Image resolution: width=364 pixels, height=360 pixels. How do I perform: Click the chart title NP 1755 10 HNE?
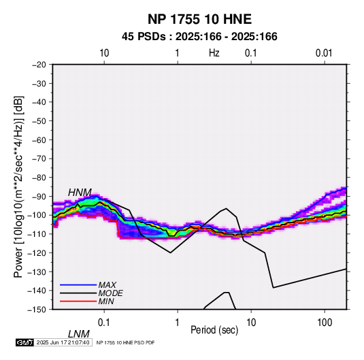(199, 19)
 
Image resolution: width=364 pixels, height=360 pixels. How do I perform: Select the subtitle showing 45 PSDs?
(199, 37)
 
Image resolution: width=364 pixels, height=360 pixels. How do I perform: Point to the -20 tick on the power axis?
(39, 65)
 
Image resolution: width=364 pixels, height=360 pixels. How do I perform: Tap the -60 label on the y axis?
(39, 140)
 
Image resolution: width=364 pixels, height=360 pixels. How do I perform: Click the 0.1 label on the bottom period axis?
(104, 323)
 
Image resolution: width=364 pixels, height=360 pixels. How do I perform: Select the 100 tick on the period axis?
(325, 323)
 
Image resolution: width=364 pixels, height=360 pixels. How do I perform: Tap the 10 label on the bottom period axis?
(251, 323)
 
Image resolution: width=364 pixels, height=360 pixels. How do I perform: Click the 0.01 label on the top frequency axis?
(324, 53)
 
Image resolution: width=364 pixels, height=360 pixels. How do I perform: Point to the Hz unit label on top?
(214, 53)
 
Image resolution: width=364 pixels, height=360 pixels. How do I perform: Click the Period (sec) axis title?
(214, 330)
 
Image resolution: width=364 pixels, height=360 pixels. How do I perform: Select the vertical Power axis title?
(18, 187)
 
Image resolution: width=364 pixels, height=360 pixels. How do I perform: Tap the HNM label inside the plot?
(80, 193)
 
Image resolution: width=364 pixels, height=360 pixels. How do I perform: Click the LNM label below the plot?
(78, 334)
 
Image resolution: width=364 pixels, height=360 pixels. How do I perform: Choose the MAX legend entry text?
(107, 285)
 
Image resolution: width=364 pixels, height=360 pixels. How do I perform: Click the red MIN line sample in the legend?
(78, 301)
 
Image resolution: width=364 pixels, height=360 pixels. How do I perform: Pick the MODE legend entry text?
(110, 293)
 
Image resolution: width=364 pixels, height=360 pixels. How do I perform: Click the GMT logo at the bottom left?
(25, 342)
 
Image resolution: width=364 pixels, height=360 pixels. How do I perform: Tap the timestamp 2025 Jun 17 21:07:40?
(63, 342)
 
